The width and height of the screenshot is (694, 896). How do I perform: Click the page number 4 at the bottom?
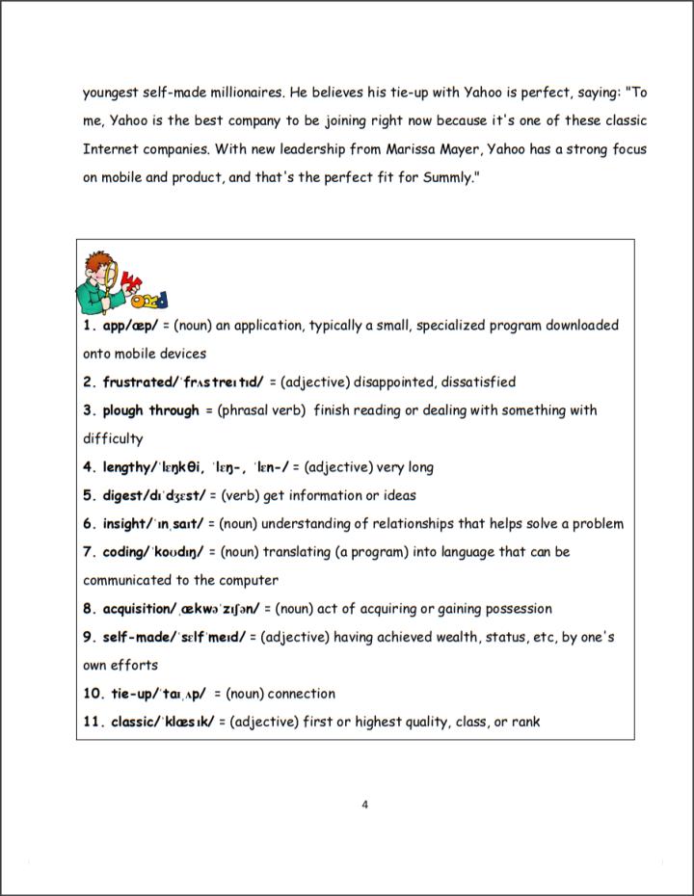point(364,804)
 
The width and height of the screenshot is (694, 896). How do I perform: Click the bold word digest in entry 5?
point(121,496)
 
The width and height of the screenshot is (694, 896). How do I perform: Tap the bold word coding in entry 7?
point(123,552)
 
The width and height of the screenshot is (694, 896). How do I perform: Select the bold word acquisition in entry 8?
point(138,609)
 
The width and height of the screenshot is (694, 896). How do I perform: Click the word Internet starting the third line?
point(111,149)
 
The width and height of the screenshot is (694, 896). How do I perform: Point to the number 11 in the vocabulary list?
point(92,723)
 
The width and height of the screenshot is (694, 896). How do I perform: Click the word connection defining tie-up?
point(302,694)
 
